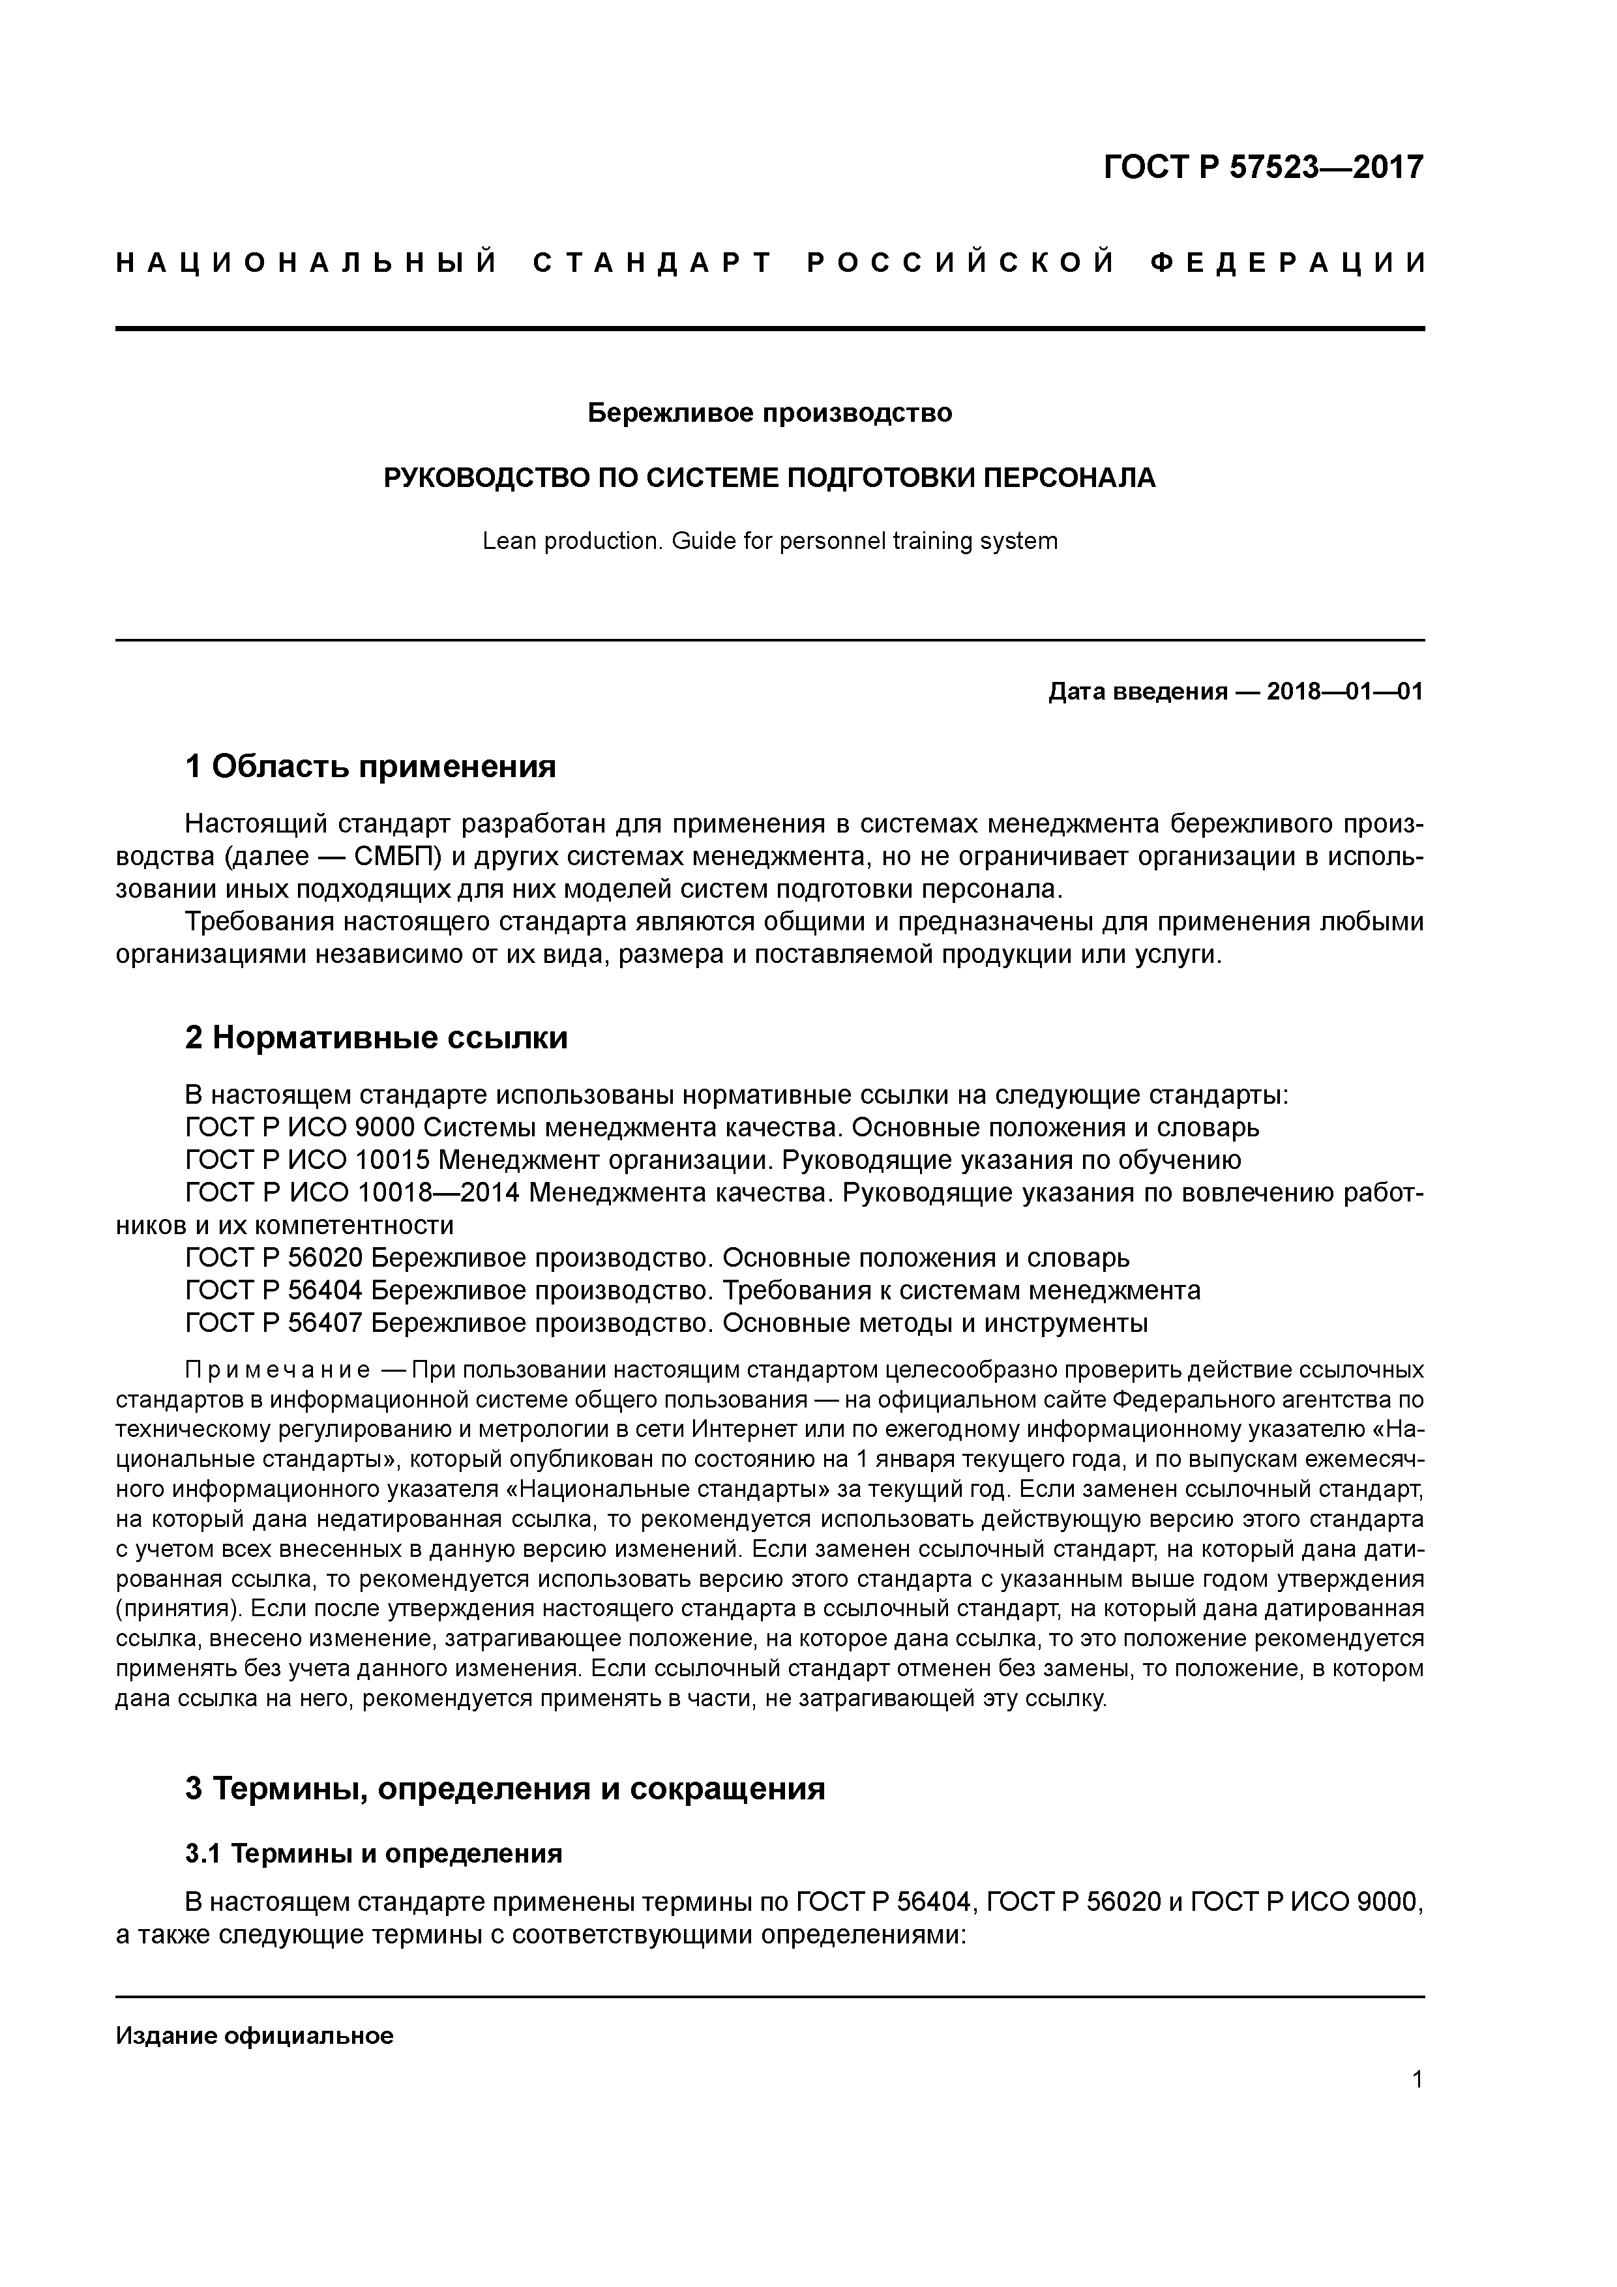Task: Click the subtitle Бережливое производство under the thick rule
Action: tap(769, 413)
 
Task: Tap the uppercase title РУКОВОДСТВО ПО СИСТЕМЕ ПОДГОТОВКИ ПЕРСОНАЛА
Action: tap(769, 478)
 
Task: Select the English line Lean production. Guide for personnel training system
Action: tap(769, 542)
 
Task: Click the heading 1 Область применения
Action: tap(370, 766)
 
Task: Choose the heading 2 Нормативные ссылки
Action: tap(377, 1038)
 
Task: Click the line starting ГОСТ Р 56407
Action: tap(666, 1323)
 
